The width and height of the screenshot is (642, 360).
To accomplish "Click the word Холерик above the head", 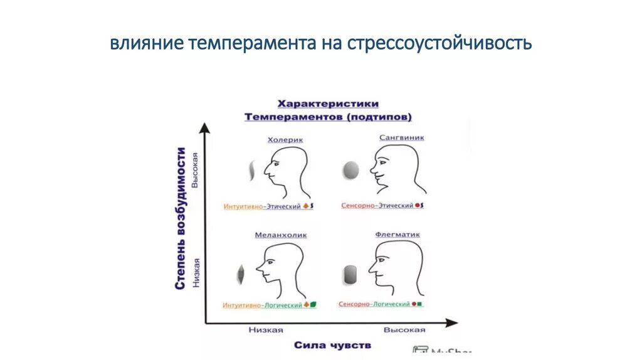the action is (x=285, y=140).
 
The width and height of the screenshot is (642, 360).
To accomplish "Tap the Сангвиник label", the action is (x=401, y=137).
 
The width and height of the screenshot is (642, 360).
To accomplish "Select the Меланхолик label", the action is (x=280, y=235).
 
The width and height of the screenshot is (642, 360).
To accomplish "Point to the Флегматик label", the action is (x=397, y=235).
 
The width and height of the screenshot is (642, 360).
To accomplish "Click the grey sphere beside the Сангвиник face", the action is (x=350, y=169).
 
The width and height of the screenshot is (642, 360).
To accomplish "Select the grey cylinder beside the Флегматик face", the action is (x=350, y=273).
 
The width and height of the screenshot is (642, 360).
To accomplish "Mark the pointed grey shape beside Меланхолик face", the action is (x=240, y=273).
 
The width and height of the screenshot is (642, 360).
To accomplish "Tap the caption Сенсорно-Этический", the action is (x=377, y=205).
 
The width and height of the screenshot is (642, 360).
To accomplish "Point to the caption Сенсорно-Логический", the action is (x=374, y=304).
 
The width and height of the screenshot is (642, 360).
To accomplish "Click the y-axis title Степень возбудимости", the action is (x=181, y=218).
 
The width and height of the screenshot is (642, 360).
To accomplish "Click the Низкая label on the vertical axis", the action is (x=196, y=272).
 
